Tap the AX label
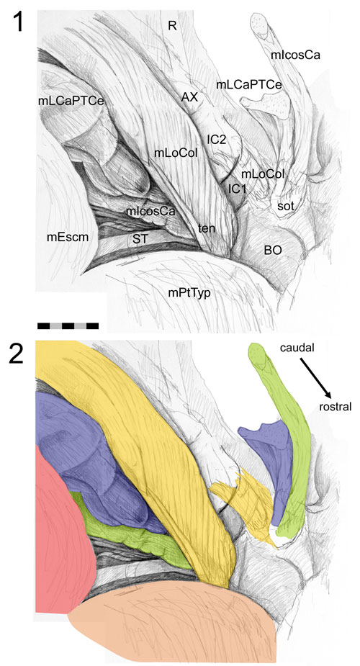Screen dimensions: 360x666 click(x=189, y=97)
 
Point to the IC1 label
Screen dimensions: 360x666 click(x=238, y=189)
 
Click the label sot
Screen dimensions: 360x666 click(x=286, y=207)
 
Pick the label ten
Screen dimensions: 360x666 click(x=207, y=228)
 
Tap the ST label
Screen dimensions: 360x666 click(x=140, y=239)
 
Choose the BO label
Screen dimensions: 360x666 click(x=273, y=250)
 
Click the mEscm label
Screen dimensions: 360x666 click(x=68, y=238)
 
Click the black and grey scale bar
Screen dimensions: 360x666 click(x=68, y=325)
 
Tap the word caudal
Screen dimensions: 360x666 click(x=297, y=348)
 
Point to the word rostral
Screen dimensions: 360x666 click(x=336, y=407)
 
